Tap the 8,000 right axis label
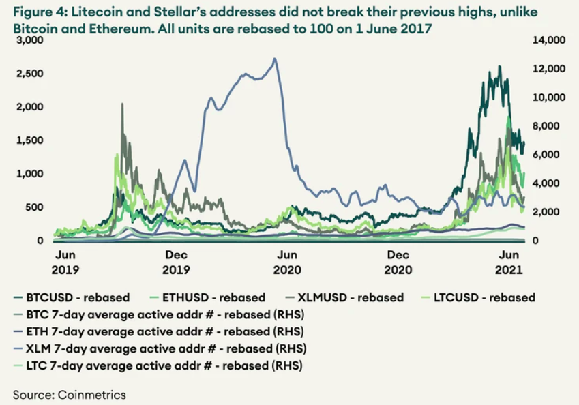544,126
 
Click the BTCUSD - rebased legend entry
80,297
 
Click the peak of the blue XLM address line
275,59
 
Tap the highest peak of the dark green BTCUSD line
500,66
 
